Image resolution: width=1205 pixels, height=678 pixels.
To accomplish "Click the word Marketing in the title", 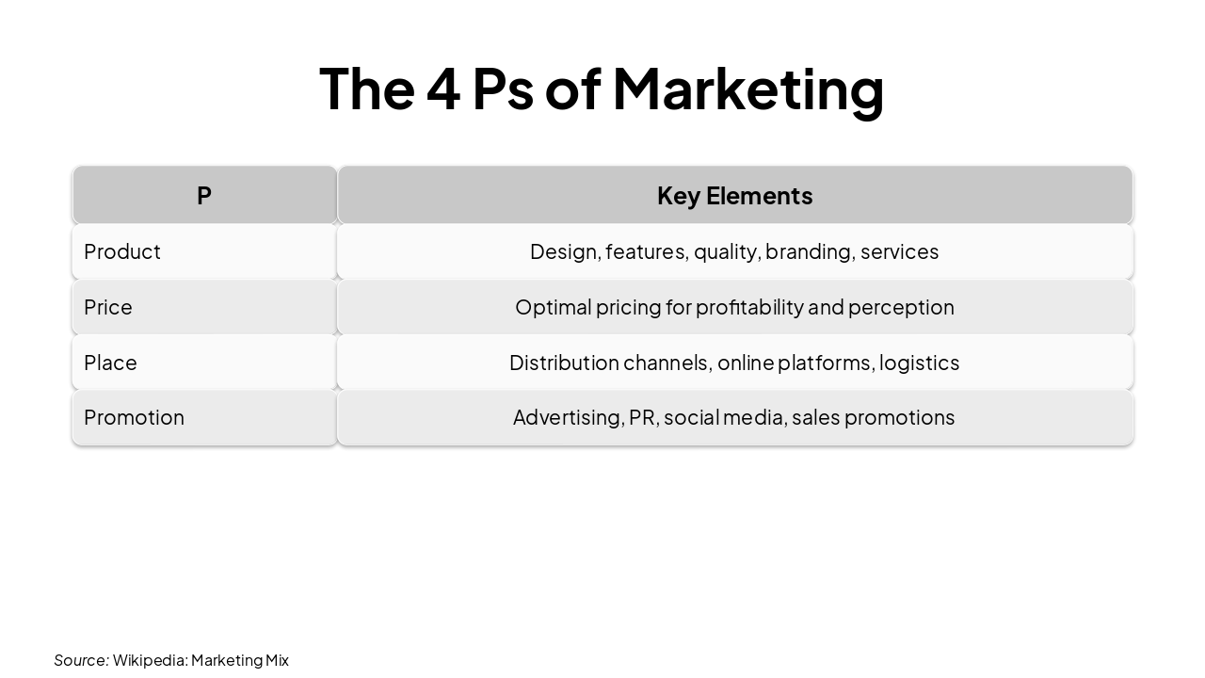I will (x=748, y=89).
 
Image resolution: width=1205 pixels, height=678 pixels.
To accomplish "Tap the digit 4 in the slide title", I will (x=442, y=89).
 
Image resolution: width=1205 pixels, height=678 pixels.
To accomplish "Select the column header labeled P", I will (x=204, y=196).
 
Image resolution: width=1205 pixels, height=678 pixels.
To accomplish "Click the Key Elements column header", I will (x=734, y=196).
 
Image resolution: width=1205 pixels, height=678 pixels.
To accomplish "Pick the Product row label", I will (x=122, y=251).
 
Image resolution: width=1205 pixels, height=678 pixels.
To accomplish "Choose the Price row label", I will (x=108, y=307).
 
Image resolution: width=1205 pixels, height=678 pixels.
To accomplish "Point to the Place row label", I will (x=110, y=363).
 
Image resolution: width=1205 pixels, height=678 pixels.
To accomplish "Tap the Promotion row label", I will (x=134, y=417).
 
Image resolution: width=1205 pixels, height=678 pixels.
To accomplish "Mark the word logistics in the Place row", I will (x=919, y=363).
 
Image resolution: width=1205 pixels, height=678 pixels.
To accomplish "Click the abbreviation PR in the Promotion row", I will (x=642, y=417).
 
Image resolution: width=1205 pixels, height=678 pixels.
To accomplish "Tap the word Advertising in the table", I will (x=568, y=417).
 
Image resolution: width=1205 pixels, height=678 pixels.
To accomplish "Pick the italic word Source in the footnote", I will (x=81, y=660).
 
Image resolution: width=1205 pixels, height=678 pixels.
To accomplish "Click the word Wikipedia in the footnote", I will (x=150, y=660).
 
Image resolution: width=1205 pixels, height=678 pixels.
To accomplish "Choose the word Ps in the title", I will (x=503, y=89).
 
